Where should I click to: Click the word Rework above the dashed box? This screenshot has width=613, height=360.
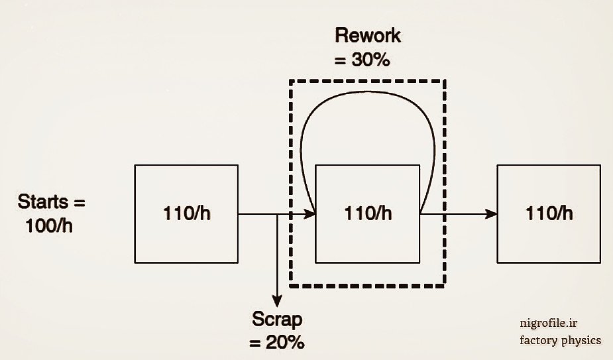pyautogui.click(x=368, y=35)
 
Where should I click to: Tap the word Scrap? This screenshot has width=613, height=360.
pyautogui.click(x=277, y=320)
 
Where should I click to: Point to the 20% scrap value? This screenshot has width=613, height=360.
pyautogui.click(x=286, y=343)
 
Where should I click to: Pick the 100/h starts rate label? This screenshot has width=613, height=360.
pyautogui.click(x=50, y=225)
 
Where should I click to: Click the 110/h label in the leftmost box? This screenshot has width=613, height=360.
pyautogui.click(x=187, y=214)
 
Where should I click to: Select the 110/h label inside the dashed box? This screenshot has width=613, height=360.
pyautogui.click(x=368, y=214)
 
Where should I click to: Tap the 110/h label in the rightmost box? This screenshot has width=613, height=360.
pyautogui.click(x=549, y=214)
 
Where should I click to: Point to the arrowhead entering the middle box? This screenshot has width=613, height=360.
pyautogui.click(x=309, y=214)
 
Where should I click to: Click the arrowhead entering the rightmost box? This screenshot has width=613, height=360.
pyautogui.click(x=491, y=214)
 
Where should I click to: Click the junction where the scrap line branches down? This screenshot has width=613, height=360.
pyautogui.click(x=277, y=214)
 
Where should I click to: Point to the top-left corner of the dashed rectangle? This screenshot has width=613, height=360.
pyautogui.click(x=290, y=81)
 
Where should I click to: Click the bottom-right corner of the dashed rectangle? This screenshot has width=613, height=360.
pyautogui.click(x=445, y=286)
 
